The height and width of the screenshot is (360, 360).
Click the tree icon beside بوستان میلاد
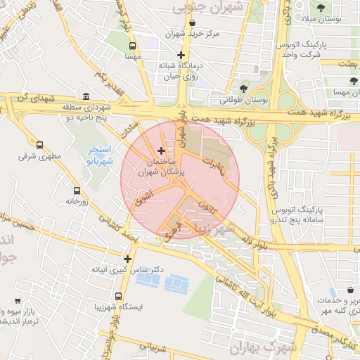pyautogui.click(x=321, y=8)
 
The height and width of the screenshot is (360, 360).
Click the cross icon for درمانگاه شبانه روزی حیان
pyautogui.click(x=181, y=55)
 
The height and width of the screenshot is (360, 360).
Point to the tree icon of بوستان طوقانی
pyautogui.click(x=243, y=89)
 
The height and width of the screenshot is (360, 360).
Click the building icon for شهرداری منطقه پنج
pyautogui.click(x=86, y=96)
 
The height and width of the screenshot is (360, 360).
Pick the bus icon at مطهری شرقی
pyautogui.click(x=39, y=146)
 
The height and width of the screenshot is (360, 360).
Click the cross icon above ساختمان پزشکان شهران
pyautogui.click(x=162, y=150)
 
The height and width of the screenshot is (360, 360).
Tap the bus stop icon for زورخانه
pyautogui.click(x=77, y=190)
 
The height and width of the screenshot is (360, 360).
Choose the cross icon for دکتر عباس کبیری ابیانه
pyautogui.click(x=127, y=258)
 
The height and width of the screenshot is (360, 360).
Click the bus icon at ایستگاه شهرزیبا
pyautogui.click(x=118, y=296)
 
